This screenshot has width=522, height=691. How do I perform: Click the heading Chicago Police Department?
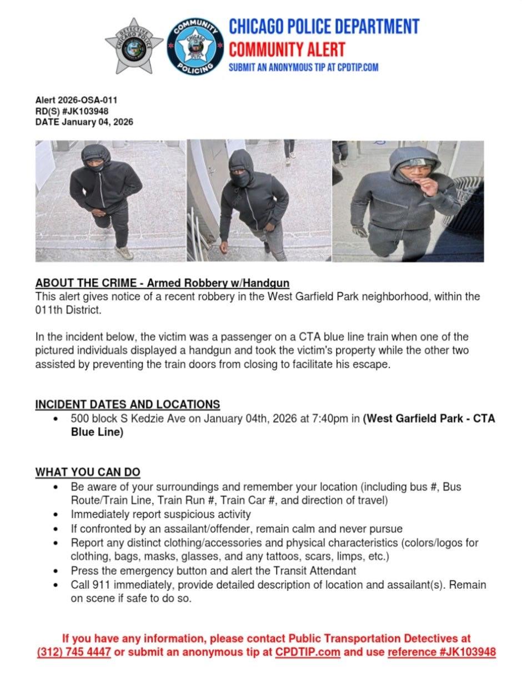[x=324, y=26]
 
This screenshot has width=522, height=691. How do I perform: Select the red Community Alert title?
[x=287, y=49]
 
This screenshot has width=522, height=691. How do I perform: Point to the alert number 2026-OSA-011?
[x=76, y=101]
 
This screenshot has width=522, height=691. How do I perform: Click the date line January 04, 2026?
[x=84, y=122]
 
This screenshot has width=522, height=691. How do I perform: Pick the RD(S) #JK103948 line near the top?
[x=72, y=111]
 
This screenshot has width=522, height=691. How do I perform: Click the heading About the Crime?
[x=162, y=283]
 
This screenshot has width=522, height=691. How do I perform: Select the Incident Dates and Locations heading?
[x=128, y=404]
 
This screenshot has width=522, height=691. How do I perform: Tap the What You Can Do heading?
[x=88, y=472]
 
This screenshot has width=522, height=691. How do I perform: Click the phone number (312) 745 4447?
[x=74, y=652]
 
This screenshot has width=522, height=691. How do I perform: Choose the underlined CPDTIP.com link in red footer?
[x=308, y=652]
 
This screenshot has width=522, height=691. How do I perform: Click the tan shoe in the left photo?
[x=124, y=253]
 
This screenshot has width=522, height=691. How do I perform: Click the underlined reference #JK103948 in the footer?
[x=441, y=652]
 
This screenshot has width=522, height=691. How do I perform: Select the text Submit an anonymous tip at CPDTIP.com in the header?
[x=304, y=67]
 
